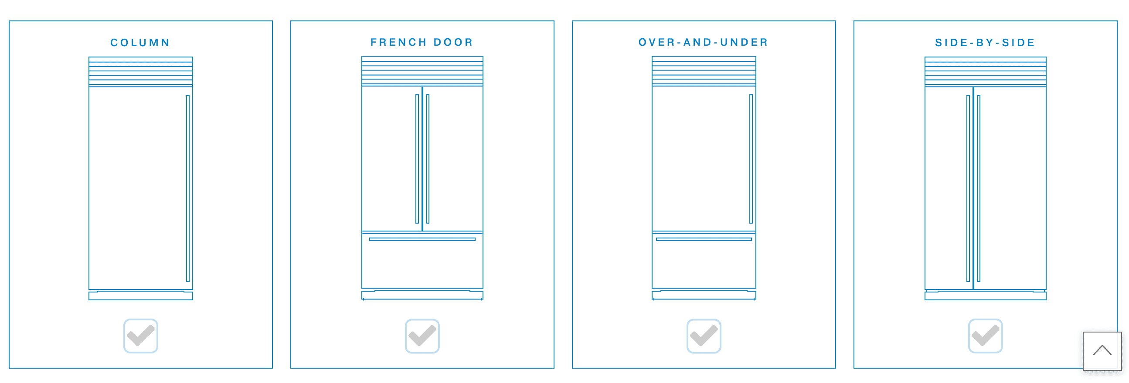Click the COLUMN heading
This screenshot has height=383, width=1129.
point(140,43)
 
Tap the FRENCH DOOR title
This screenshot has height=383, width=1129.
point(422,42)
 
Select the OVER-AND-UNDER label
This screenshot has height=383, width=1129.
point(704,42)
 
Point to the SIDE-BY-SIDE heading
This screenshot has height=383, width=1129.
point(985,43)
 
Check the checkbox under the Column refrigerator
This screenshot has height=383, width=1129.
point(141,336)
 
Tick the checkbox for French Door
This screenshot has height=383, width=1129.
point(422,336)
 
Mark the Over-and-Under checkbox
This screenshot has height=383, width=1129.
point(704,336)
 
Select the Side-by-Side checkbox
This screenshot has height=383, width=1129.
point(985,336)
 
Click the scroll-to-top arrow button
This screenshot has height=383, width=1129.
point(1102,351)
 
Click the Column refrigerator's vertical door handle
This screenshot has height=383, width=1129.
point(188,188)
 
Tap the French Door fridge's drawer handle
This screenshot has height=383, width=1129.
point(422,239)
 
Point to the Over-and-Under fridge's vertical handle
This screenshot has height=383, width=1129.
point(751,159)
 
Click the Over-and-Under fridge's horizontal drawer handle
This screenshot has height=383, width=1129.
point(704,239)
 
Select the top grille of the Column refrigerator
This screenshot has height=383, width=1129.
point(141,71)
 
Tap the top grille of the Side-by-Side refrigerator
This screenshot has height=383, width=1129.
point(985,71)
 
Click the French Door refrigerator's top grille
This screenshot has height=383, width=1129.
point(422,71)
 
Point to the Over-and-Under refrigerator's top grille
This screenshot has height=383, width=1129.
point(704,71)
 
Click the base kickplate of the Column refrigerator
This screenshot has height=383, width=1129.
point(141,296)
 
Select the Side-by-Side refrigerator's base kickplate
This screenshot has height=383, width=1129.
point(985,296)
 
